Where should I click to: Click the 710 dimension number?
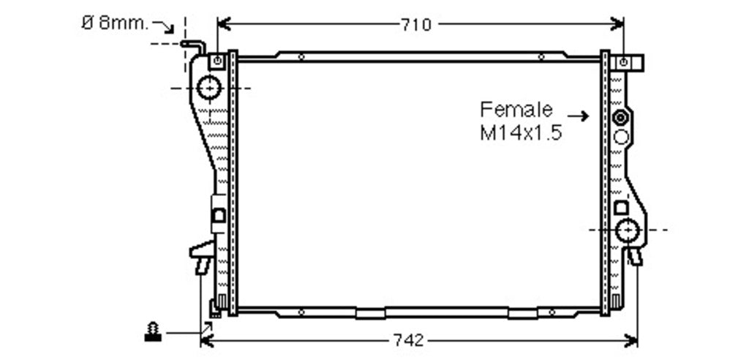(x=416, y=24)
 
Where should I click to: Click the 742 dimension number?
(x=408, y=340)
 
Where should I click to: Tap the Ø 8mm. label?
(x=115, y=23)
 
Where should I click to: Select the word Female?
(x=516, y=110)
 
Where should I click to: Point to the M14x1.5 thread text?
(x=521, y=133)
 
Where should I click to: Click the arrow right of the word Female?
(x=578, y=116)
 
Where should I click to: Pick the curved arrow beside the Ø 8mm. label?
(x=164, y=26)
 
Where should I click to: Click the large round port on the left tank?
(x=209, y=88)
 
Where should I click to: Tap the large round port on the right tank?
(x=627, y=230)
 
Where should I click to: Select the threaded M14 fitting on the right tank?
(x=620, y=117)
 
